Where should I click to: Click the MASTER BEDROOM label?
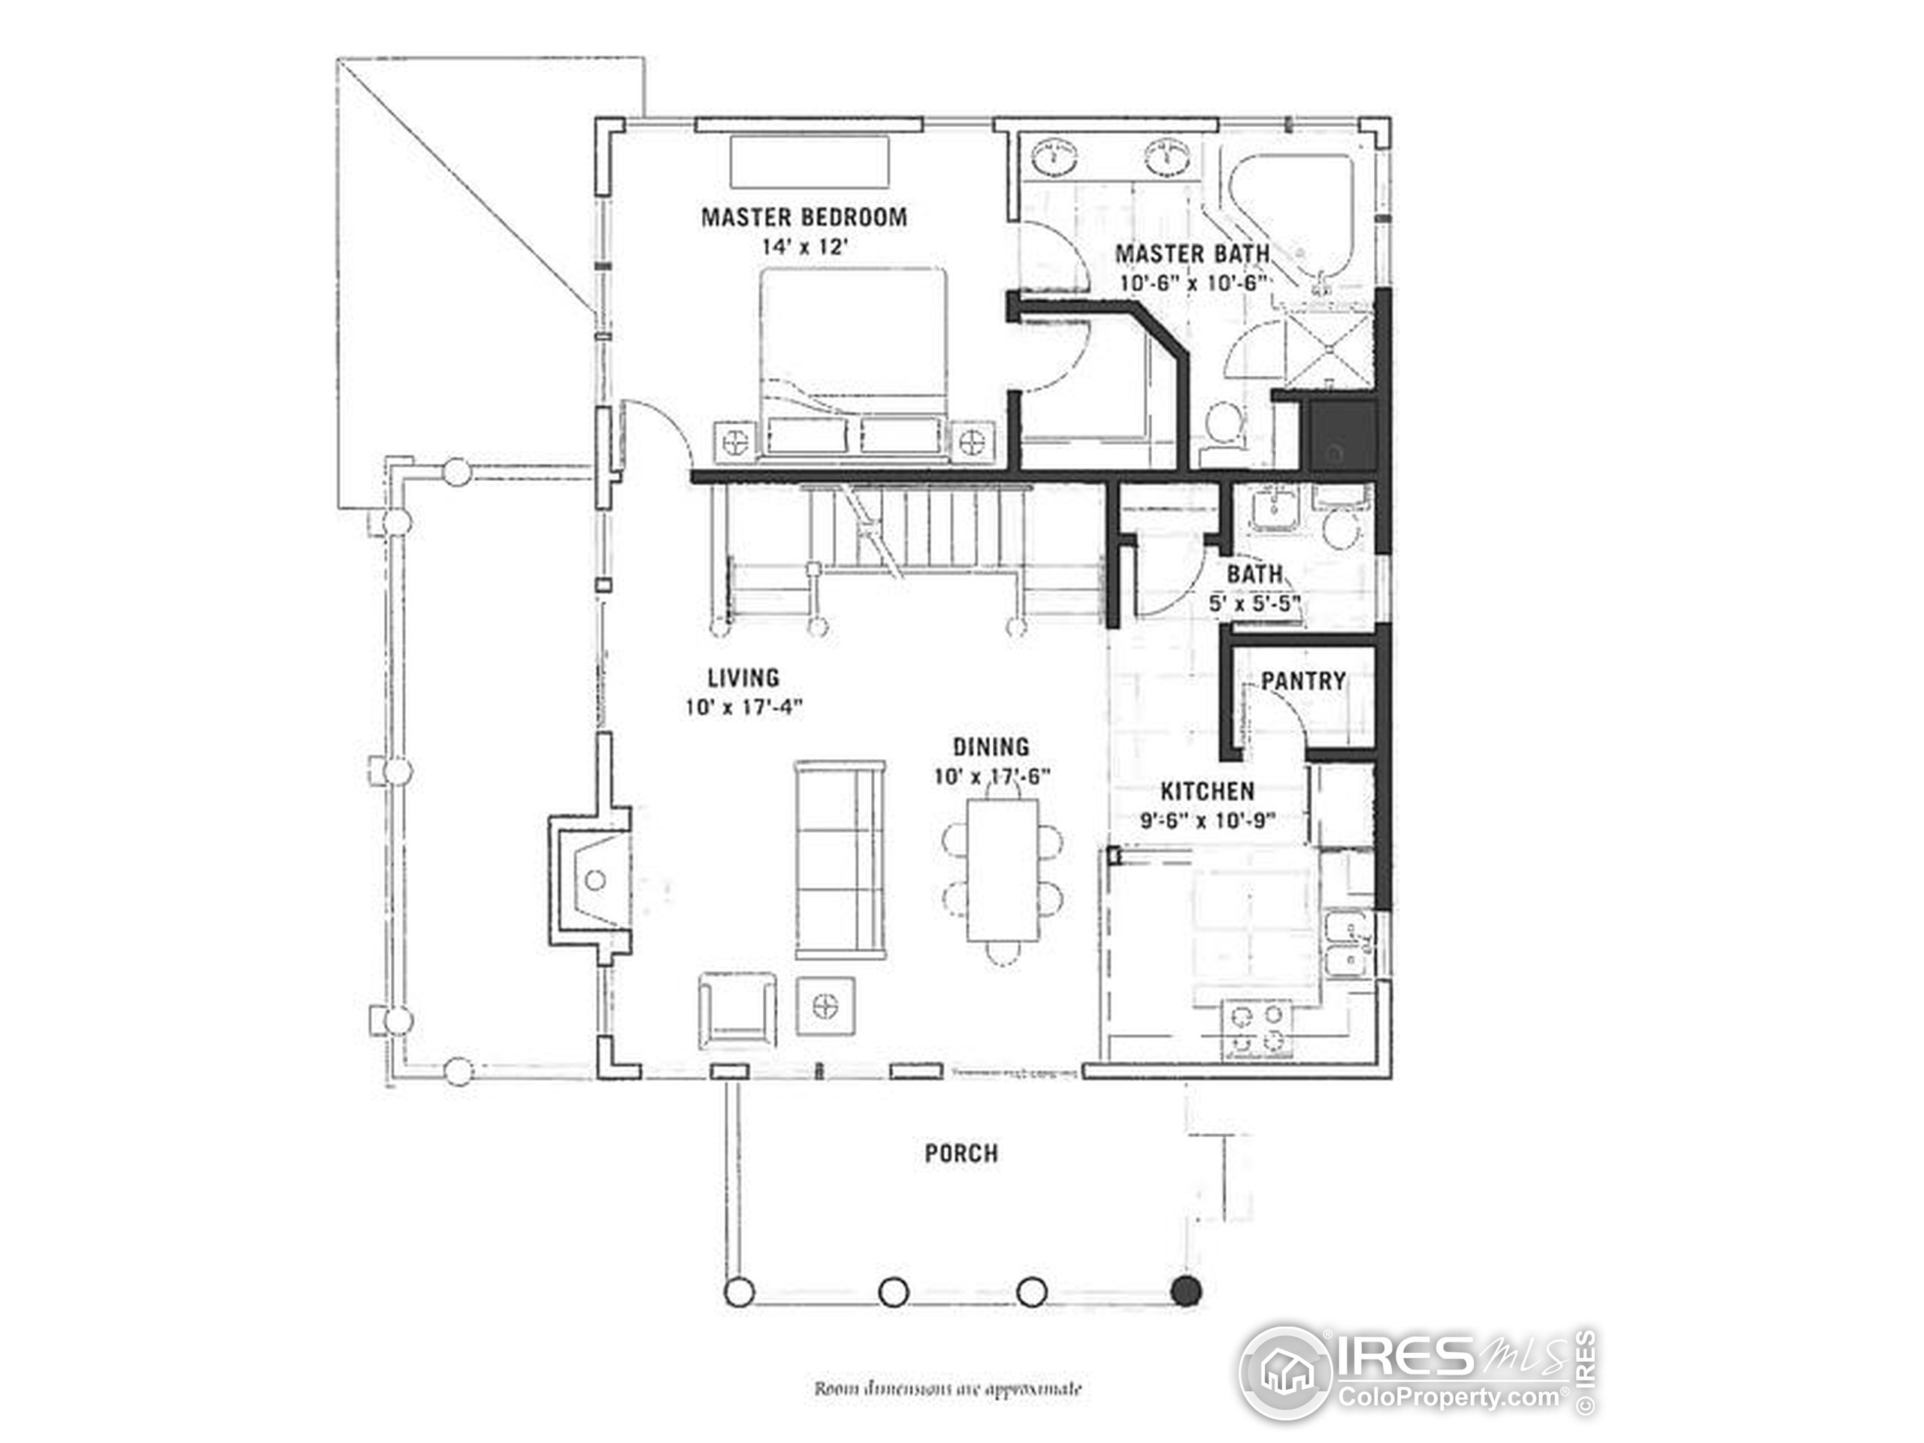803,216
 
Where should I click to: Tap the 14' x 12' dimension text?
803,247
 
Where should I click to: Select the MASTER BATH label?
1192,254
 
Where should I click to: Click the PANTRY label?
1303,680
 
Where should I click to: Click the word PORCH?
961,1154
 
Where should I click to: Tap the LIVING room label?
743,676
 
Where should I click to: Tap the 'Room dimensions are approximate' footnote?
947,1388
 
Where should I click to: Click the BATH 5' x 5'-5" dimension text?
1254,604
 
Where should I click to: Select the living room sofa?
839,859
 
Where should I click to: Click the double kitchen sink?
1348,944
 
